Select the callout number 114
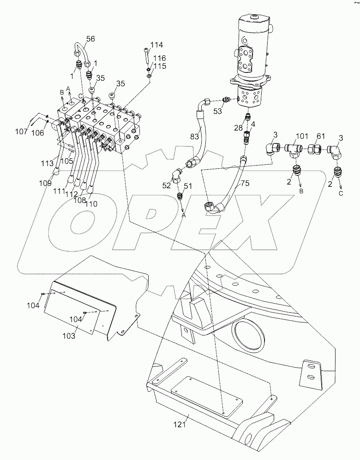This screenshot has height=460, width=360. coord(156,45)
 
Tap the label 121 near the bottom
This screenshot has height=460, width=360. coord(180,424)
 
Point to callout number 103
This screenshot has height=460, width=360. coord(68,335)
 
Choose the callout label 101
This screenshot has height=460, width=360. coord(301,136)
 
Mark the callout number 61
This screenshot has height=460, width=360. coord(320,136)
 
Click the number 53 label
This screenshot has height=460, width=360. coord(217,110)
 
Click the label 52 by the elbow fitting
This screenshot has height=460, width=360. coord(166,185)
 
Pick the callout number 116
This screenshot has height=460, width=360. coord(159,59)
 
